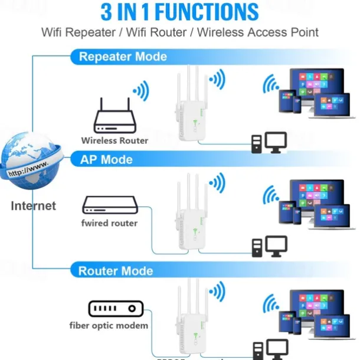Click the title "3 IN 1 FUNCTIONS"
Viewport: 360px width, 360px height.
[x=179, y=12]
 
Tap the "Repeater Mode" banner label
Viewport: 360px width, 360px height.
[x=123, y=57]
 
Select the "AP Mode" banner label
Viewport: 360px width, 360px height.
[x=106, y=159]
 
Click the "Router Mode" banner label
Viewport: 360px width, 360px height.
[x=116, y=271]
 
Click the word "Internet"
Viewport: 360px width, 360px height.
[x=34, y=206]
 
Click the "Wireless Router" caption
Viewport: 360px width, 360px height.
[x=114, y=140]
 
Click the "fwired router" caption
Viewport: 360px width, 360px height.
[x=109, y=223]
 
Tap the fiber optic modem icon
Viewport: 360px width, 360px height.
[x=116, y=308]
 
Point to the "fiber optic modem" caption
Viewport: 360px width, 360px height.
[x=109, y=325]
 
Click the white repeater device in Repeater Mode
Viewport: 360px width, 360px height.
[x=189, y=109]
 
